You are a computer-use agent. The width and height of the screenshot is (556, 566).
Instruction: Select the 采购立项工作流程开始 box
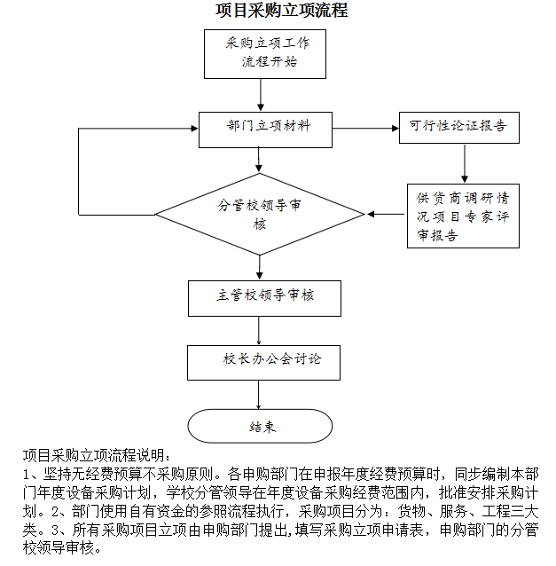pos(264,54)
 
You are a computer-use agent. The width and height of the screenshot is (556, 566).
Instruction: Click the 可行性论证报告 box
pos(458,128)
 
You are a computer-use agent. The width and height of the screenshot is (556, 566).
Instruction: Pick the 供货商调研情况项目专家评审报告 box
pos(463,216)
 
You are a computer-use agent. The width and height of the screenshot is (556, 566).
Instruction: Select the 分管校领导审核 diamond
pos(260,215)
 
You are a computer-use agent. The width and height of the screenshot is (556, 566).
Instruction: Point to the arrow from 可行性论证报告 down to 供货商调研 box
pos(464,164)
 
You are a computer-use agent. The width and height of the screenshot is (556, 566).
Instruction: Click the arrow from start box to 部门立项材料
pos(260,95)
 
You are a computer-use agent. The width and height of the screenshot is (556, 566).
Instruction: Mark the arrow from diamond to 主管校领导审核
pos(260,267)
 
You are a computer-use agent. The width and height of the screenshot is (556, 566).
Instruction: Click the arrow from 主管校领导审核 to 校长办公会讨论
pos(260,330)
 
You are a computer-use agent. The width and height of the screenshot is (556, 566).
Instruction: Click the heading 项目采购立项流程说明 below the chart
pos(89,454)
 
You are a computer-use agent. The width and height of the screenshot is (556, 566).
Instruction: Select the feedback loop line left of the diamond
pos(79,173)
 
